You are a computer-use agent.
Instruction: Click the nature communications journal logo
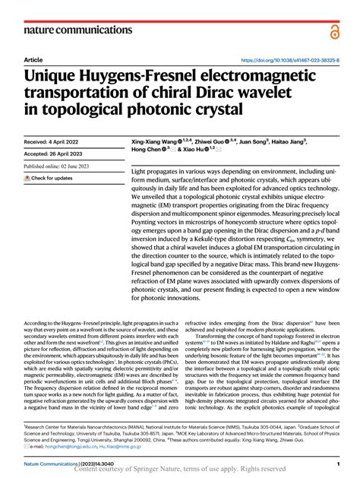[76, 30]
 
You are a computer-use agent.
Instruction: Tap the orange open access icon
[335, 30]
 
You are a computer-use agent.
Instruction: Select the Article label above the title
[33, 60]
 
